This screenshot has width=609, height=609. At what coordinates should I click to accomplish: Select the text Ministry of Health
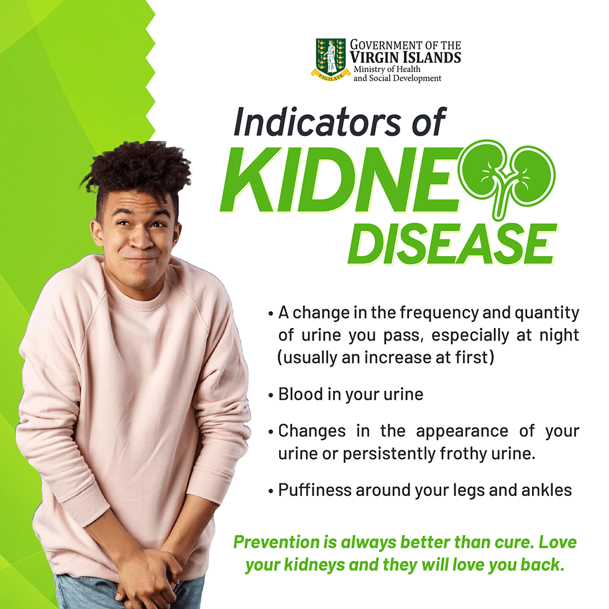coord(387,69)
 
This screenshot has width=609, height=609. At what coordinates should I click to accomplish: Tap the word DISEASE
coord(453,245)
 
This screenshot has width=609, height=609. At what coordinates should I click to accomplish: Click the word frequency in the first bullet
coord(439,313)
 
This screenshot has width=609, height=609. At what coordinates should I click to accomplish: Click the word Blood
coord(301,394)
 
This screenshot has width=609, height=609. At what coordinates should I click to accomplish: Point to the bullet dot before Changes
coord(271,433)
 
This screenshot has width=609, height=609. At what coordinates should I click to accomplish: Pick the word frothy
coord(464,454)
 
